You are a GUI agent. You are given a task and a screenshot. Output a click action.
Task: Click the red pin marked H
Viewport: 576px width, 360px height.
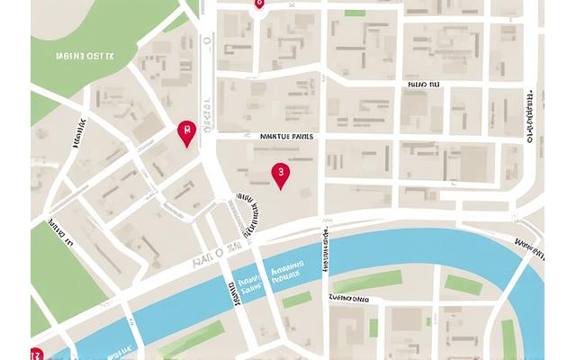click(x=186, y=133)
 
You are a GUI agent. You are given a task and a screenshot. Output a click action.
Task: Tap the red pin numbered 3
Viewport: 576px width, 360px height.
click(x=281, y=174)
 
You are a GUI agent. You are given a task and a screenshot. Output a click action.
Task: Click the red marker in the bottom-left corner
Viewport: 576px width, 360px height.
click(x=36, y=354)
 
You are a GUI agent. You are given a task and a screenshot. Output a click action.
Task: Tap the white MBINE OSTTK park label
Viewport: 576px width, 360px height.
click(x=85, y=55)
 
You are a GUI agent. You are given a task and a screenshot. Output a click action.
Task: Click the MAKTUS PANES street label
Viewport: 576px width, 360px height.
click(x=286, y=137)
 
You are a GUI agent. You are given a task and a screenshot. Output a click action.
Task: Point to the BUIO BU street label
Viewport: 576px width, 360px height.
click(x=423, y=87)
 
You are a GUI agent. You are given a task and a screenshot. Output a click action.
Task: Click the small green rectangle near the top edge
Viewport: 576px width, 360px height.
click(x=355, y=13)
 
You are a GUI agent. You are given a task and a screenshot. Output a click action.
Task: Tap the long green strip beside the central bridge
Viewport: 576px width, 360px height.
click(x=367, y=281)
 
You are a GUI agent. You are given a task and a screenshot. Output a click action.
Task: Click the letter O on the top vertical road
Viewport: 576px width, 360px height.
click(x=206, y=40)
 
